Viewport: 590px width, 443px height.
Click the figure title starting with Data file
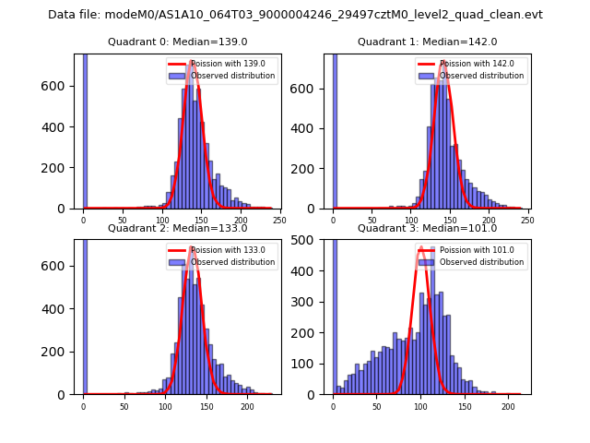point(295,15)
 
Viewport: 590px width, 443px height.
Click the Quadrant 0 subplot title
point(177,42)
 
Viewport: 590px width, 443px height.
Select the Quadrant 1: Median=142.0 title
point(427,42)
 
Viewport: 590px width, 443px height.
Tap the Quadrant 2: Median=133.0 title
point(177,228)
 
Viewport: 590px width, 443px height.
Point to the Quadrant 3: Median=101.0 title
point(427,228)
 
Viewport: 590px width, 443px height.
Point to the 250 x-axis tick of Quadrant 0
point(279,221)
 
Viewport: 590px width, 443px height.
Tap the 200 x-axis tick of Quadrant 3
point(508,406)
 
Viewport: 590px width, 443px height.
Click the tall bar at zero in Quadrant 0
point(85,129)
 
